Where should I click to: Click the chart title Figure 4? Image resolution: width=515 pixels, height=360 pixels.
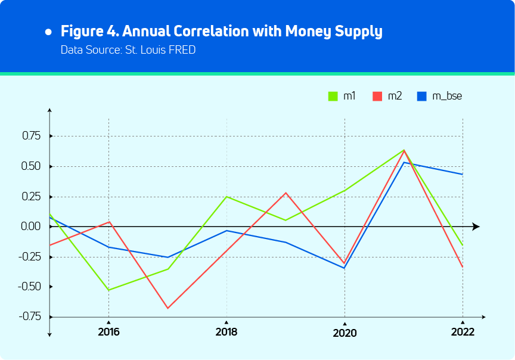(221, 31)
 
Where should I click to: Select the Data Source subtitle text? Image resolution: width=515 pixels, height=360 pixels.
(128, 50)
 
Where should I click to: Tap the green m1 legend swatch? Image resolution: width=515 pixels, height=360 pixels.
(333, 96)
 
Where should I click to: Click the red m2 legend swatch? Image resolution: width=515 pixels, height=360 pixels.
(377, 96)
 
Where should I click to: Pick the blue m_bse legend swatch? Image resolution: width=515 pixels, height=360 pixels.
(422, 96)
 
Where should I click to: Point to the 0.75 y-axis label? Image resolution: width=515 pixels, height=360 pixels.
(30, 136)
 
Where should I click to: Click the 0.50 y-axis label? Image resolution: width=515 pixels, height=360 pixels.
(30, 166)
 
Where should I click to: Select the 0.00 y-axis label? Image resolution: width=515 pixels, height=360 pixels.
(30, 226)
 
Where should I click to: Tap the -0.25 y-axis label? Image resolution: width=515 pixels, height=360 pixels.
(29, 257)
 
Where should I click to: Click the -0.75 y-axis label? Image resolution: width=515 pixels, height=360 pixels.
(29, 316)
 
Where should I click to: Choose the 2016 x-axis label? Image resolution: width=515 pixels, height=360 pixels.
(108, 332)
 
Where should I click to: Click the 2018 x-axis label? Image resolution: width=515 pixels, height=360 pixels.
(227, 332)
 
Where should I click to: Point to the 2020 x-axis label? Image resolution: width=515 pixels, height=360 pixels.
(345, 333)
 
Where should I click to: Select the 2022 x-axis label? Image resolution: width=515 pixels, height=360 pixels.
(463, 332)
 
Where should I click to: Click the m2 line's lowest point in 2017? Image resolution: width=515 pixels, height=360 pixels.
(167, 308)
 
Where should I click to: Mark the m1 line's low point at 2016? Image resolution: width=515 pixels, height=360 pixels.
(108, 290)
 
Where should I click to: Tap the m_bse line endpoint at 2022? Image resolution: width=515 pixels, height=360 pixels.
(463, 174)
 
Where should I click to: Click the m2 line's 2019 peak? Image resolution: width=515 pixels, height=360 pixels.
(286, 193)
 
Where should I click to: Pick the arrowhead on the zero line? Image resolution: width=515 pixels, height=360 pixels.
(476, 226)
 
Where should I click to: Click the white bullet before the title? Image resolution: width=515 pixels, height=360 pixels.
(48, 31)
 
